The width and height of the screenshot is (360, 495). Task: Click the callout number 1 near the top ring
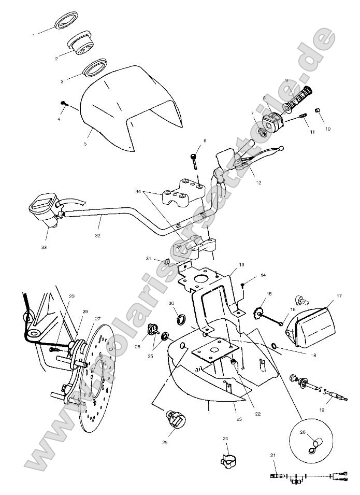pyautogui.click(x=34, y=35)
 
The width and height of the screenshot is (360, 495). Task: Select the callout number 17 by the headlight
pyautogui.click(x=339, y=296)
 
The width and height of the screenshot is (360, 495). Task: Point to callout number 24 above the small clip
pyautogui.click(x=225, y=439)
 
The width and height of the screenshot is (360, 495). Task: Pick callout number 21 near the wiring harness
pyautogui.click(x=272, y=455)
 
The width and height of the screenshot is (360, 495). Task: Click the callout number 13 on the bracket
pyautogui.click(x=241, y=265)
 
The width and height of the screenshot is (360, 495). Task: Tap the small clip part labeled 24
pyautogui.click(x=226, y=460)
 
